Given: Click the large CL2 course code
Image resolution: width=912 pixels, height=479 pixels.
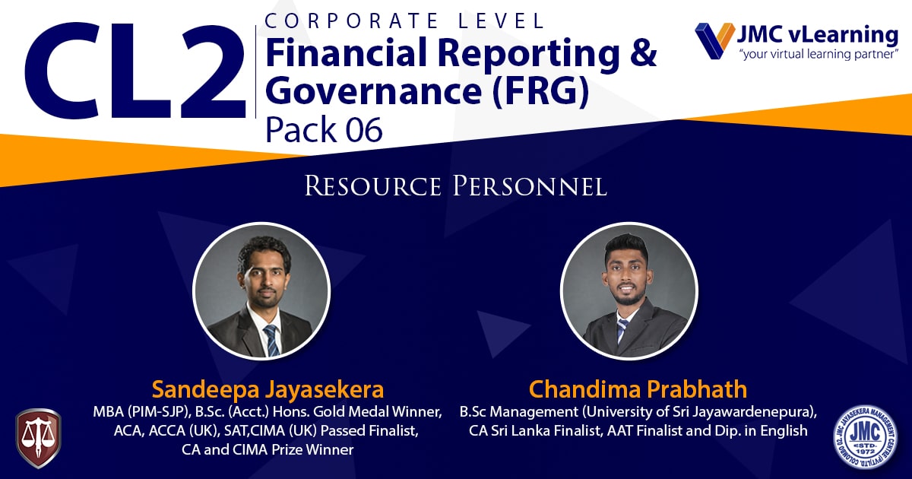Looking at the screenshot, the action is coord(135,71).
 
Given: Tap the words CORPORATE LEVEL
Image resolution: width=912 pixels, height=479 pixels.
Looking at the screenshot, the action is coord(404,21).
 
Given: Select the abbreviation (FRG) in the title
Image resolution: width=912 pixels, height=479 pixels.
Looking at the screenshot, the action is coord(540,90).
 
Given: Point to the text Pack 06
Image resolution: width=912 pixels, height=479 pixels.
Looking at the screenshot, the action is coord(324,129).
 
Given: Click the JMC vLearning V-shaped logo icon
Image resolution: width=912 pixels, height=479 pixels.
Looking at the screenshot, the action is coord(715,41).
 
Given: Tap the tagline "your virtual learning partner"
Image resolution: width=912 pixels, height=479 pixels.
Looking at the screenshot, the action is coord(819,54).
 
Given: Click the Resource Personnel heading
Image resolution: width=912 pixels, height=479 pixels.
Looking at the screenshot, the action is coord(455,186).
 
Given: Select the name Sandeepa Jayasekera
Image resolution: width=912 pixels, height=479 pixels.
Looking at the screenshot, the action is coord(268,389).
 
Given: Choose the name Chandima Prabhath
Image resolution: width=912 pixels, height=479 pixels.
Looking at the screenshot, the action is coord(638,389).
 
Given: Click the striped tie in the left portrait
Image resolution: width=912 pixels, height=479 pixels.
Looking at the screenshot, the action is coord(271,340).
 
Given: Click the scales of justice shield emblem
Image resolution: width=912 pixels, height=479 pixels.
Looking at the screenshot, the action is coord(38,438).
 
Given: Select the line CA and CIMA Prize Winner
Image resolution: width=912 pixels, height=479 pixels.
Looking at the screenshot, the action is coord(268,449).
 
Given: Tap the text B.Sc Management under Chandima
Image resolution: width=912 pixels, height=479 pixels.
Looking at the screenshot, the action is coord(519,412).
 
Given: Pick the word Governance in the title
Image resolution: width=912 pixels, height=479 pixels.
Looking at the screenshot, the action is coord(374,90).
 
